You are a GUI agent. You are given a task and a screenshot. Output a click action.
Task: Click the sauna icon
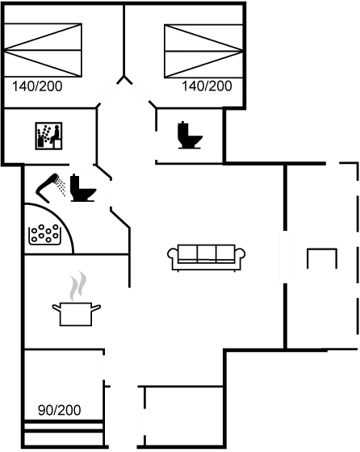tap(48, 136)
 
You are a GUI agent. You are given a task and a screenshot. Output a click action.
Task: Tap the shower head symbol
tap(46, 188)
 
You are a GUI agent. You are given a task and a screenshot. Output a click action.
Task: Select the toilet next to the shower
tap(82, 187)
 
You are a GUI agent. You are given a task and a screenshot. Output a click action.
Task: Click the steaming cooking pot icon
tap(77, 299)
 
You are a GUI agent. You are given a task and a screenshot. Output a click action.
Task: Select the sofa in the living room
tap(207, 257)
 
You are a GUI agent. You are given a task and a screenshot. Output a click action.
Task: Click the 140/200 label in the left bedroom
tap(37, 86)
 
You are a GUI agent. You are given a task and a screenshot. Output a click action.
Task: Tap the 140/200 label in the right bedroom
tap(207, 86)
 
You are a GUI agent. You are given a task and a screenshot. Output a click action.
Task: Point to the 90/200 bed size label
tap(60, 410)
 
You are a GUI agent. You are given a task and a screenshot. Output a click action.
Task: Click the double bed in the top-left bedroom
tap(43, 50)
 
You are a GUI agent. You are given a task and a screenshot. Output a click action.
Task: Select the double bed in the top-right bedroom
tap(203, 52)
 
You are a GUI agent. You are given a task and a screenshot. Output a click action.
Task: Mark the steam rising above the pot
tap(77, 286)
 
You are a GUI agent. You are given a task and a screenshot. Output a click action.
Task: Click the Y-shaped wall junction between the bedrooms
tap(124, 78)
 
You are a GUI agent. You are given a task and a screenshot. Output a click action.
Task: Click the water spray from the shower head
tap(61, 186)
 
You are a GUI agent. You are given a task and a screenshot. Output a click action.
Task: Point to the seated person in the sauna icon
tap(56, 135)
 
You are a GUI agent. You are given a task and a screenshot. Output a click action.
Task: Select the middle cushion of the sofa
tap(207, 253)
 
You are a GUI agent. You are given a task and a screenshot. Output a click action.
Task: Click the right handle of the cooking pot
tap(96, 308)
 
